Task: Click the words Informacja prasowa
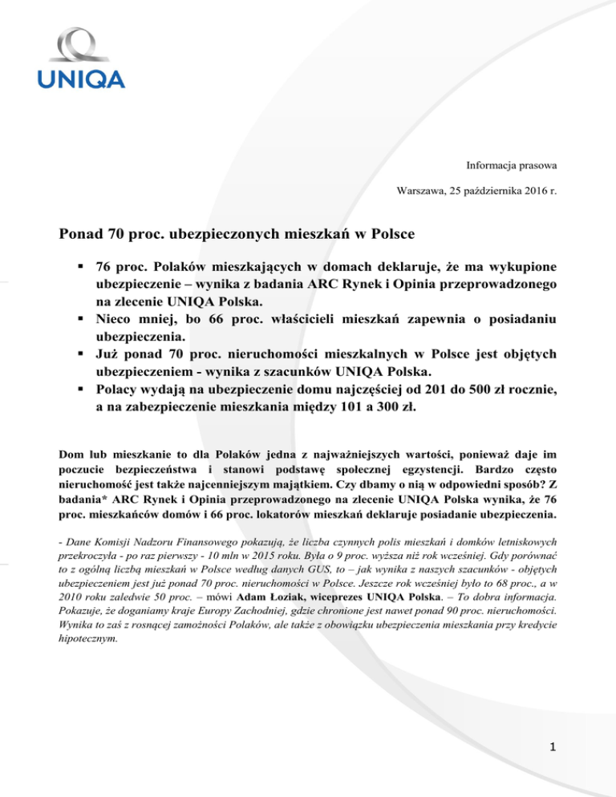click(512, 165)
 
